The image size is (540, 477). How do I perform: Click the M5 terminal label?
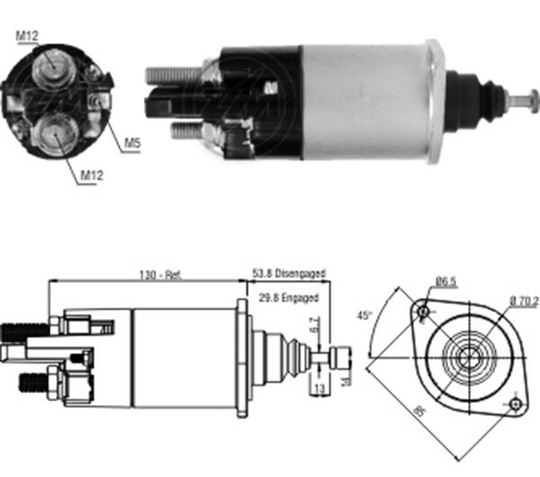(x=130, y=143)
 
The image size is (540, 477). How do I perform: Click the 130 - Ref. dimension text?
(x=162, y=274)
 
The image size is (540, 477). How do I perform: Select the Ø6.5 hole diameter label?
(x=446, y=283)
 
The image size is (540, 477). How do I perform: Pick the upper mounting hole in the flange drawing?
(x=421, y=310)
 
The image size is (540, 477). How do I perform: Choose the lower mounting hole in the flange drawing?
(x=515, y=402)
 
